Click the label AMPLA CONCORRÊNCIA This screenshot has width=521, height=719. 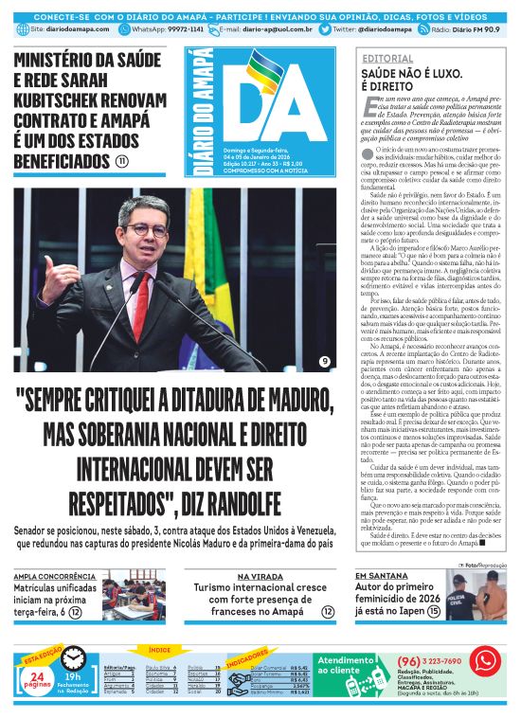coord(53,576)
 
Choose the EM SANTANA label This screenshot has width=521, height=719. coord(377,576)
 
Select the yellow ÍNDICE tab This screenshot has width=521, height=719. coord(159,649)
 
